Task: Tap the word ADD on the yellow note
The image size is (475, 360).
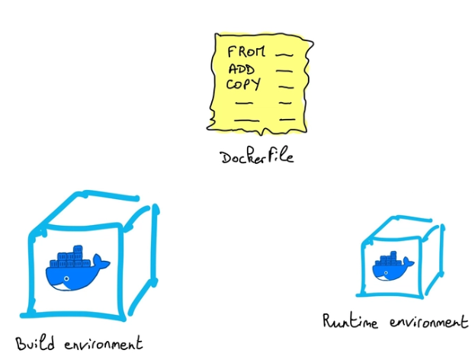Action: click(x=241, y=69)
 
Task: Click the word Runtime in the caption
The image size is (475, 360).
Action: click(x=346, y=320)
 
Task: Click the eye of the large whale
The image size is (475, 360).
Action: click(x=66, y=278)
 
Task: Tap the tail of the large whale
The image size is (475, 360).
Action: click(x=102, y=264)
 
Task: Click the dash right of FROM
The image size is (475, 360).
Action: click(x=283, y=55)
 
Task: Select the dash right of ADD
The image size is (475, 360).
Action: click(x=284, y=71)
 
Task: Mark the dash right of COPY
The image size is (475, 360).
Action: click(x=284, y=85)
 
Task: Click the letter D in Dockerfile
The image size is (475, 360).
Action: click(x=226, y=157)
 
